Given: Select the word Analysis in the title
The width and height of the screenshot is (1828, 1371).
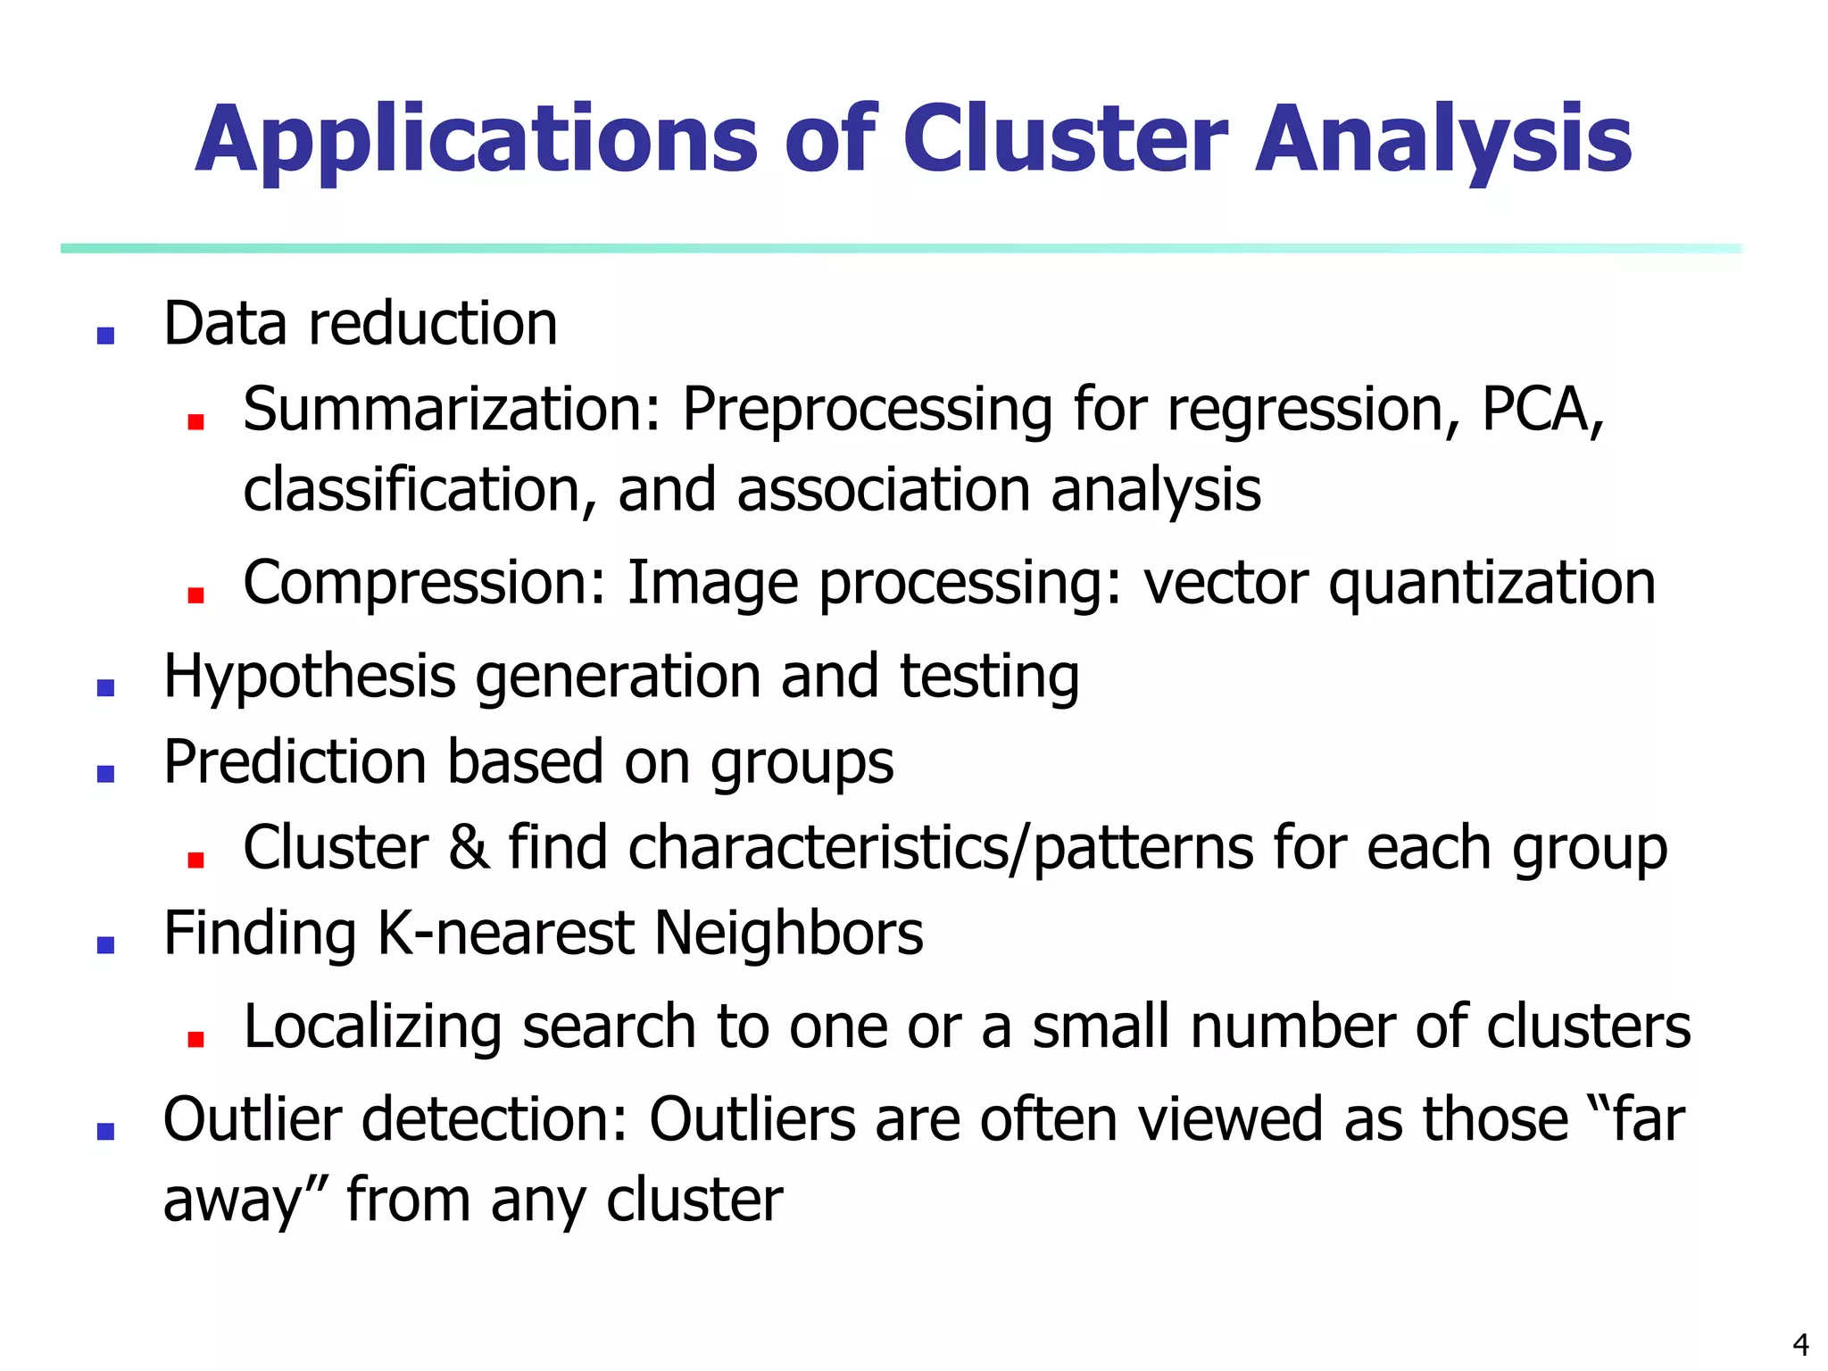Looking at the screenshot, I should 1443,141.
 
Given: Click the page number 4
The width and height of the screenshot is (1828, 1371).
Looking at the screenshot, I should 1800,1343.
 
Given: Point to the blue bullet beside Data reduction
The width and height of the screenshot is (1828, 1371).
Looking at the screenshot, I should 106,336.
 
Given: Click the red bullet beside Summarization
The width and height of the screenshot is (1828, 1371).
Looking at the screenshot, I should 196,421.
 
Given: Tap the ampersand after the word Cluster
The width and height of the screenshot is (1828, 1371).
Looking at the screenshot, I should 469,847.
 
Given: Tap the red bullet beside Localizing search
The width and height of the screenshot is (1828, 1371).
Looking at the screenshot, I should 196,1038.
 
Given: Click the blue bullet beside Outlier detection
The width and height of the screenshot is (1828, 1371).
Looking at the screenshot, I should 106,1131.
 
